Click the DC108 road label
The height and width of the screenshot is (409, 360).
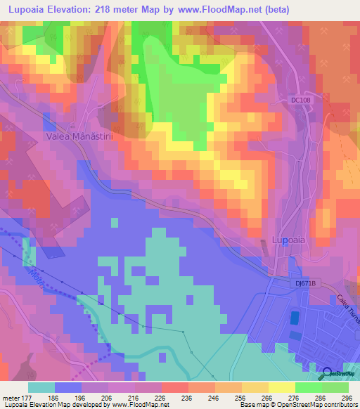[300, 100]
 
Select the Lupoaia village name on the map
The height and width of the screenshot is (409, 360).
[288, 240]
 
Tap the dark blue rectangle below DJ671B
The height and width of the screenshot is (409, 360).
[293, 318]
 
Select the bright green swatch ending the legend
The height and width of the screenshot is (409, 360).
[335, 387]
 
